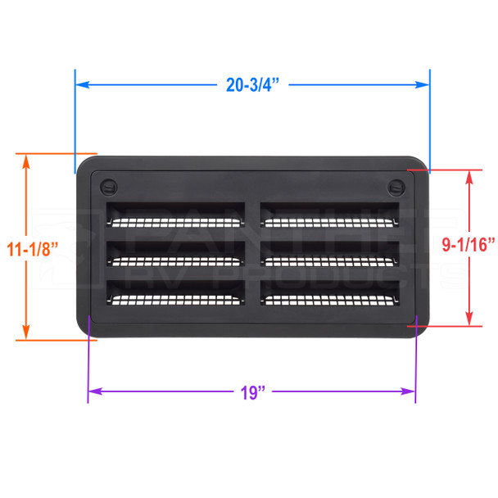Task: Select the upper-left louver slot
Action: coord(176,215)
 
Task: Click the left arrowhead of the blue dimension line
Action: coord(81,84)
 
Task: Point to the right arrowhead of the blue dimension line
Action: coord(424,84)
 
